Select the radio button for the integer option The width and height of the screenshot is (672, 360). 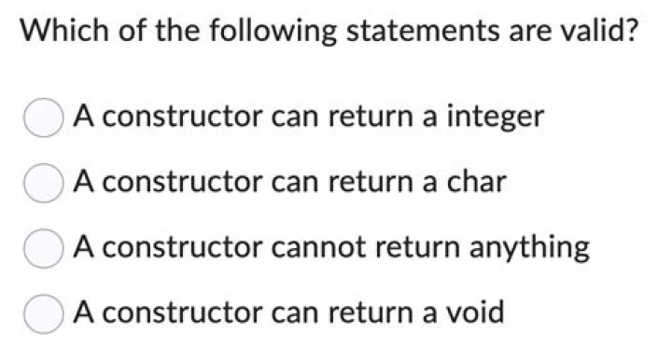42,119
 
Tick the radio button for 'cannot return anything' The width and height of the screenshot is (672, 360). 42,250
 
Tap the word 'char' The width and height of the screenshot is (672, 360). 476,182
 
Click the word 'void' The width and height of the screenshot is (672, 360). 474,312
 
